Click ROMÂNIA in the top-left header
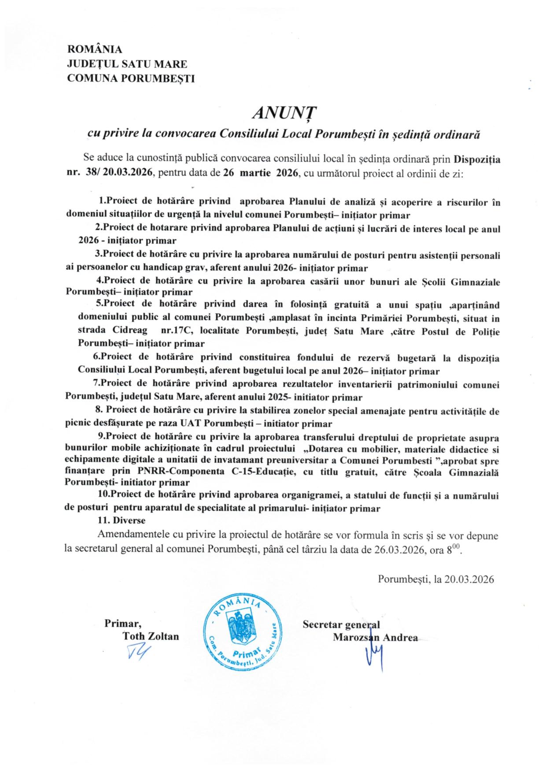pos(94,49)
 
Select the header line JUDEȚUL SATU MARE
pos(127,64)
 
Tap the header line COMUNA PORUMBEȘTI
pos(130,79)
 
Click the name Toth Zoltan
pos(151,636)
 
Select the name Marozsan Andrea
pos(375,637)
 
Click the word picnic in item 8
pos(78,424)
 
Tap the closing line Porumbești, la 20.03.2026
pos(435,579)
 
